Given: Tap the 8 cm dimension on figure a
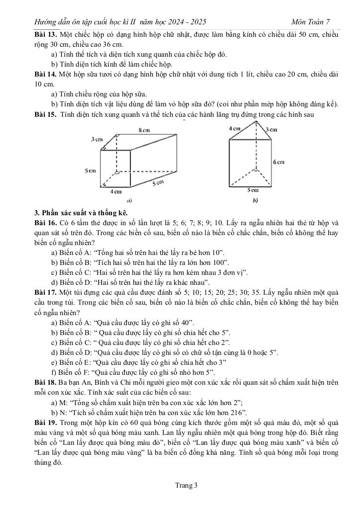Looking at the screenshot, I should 144,130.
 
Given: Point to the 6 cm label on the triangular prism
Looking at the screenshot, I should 278,162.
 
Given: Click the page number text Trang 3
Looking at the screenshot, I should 180,485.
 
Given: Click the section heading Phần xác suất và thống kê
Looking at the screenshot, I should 81,213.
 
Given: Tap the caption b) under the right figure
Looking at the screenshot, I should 255,201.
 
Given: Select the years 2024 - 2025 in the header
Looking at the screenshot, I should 186,22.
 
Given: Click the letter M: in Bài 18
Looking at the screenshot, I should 66,403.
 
